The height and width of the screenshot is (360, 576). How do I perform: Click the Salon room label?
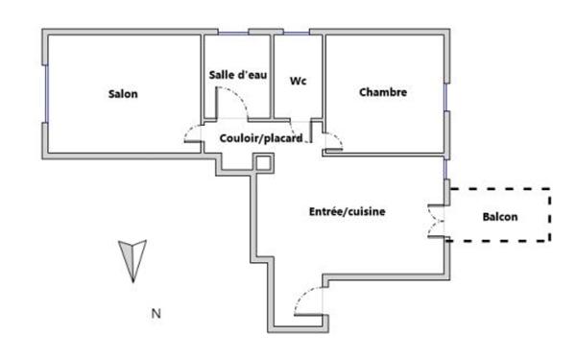123,94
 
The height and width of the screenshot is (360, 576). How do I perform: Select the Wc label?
299,82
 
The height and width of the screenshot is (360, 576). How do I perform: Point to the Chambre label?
383,93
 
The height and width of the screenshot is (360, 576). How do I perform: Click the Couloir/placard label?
261,138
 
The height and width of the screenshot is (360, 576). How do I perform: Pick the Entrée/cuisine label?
347,211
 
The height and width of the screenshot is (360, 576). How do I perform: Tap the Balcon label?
499,217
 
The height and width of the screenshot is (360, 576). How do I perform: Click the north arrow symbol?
132,260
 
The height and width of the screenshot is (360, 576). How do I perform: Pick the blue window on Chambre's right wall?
445,97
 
